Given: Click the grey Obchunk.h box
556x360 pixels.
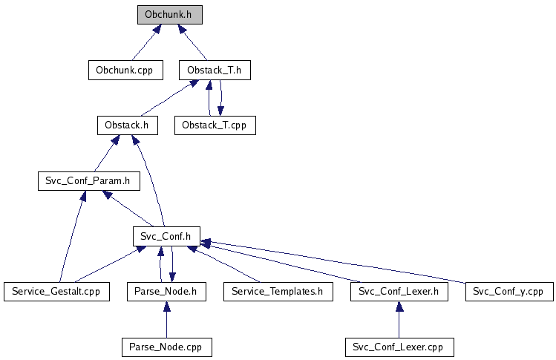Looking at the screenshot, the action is (x=170, y=15).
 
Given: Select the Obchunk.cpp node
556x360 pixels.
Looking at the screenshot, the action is (x=125, y=71).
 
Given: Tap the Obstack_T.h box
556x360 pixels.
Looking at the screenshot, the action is (x=215, y=71).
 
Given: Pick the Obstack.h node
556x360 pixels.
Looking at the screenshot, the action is (x=128, y=125).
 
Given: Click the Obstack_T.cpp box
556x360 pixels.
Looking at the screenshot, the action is (x=215, y=125).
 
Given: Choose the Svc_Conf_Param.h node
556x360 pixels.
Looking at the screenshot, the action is (x=89, y=181).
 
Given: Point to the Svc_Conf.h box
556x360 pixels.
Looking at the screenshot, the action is (x=167, y=236).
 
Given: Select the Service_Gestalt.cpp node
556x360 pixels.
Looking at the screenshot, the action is (x=56, y=292).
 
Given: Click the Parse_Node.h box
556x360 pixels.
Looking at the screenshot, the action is (x=167, y=292).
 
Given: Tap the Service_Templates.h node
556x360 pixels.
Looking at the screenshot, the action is (x=278, y=292).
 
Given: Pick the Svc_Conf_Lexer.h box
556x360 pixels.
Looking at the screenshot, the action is (x=399, y=292).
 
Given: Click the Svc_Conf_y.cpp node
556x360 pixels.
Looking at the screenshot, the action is (x=509, y=292).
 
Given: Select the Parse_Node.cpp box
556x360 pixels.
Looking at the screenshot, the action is (x=167, y=347).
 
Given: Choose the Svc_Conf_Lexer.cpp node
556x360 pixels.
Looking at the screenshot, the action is (x=399, y=347).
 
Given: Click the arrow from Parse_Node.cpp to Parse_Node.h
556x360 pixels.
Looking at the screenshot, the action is (x=167, y=320).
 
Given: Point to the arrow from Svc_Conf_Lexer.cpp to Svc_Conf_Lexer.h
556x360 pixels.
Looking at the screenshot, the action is (x=399, y=320).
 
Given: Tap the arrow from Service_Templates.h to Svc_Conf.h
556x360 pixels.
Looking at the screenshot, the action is (x=223, y=264).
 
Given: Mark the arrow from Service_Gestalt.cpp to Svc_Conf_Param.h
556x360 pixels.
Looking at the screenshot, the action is (x=72, y=237).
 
